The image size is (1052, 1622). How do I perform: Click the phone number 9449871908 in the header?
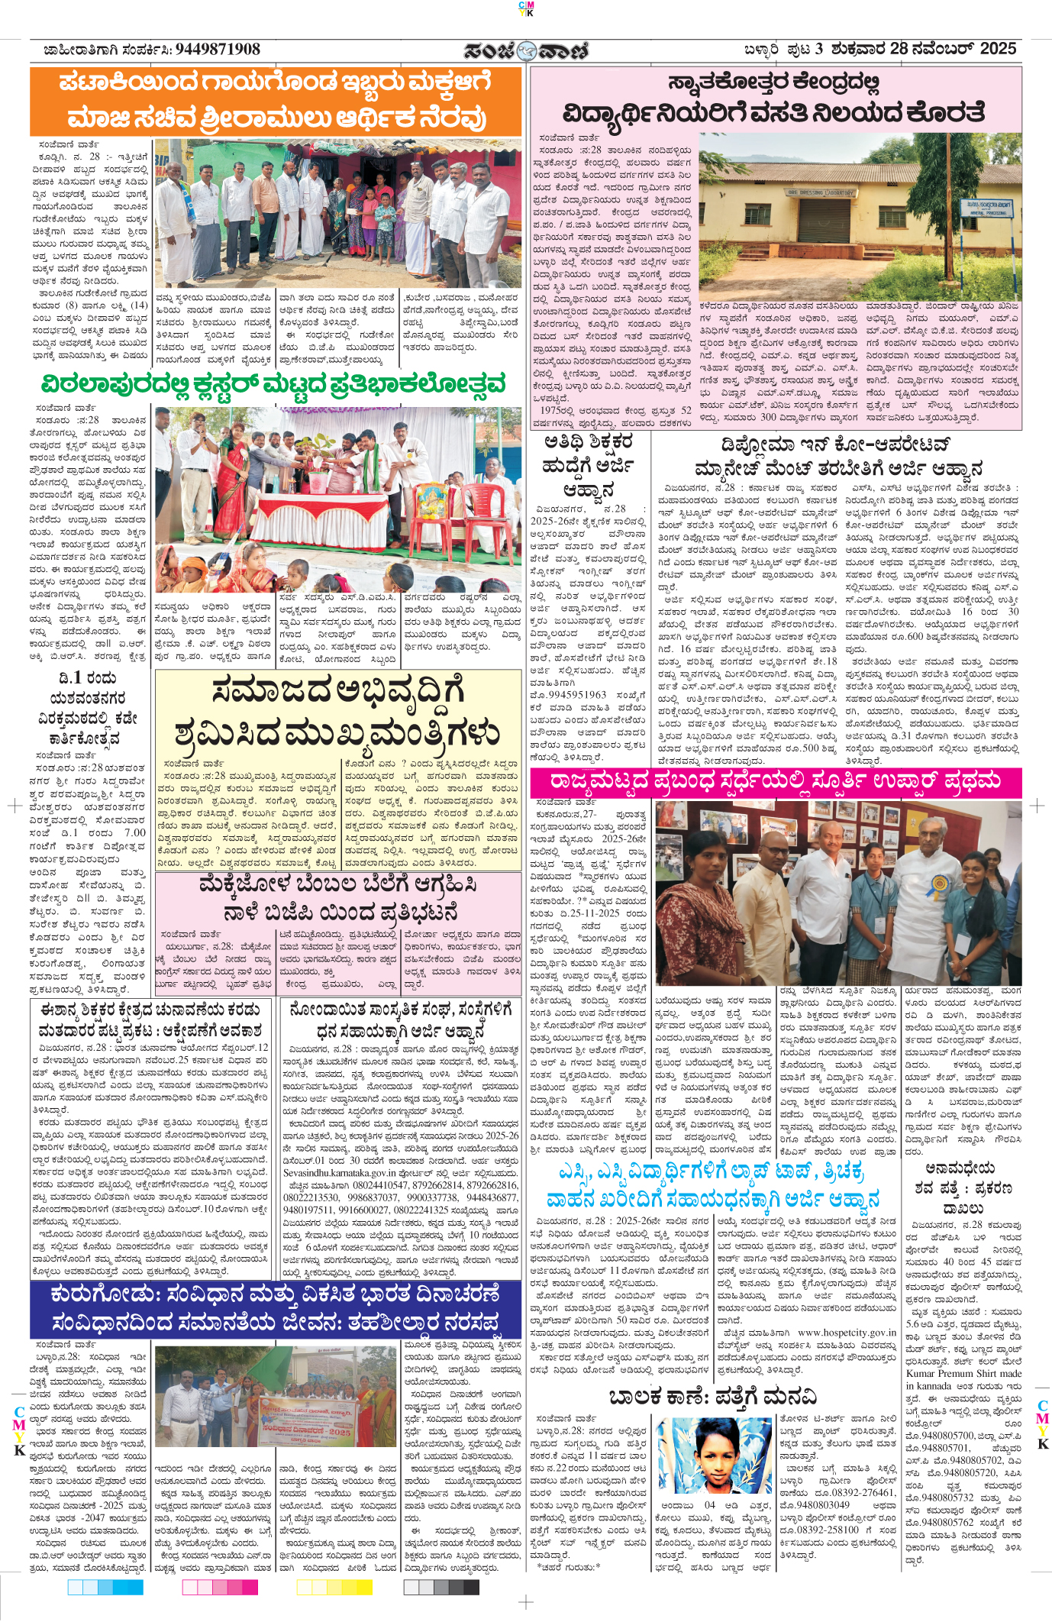click(x=218, y=50)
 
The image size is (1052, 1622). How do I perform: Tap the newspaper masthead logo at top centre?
click(x=527, y=50)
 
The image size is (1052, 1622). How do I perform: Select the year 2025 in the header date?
click(x=998, y=49)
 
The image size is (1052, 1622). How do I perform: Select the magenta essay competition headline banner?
click(x=776, y=782)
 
